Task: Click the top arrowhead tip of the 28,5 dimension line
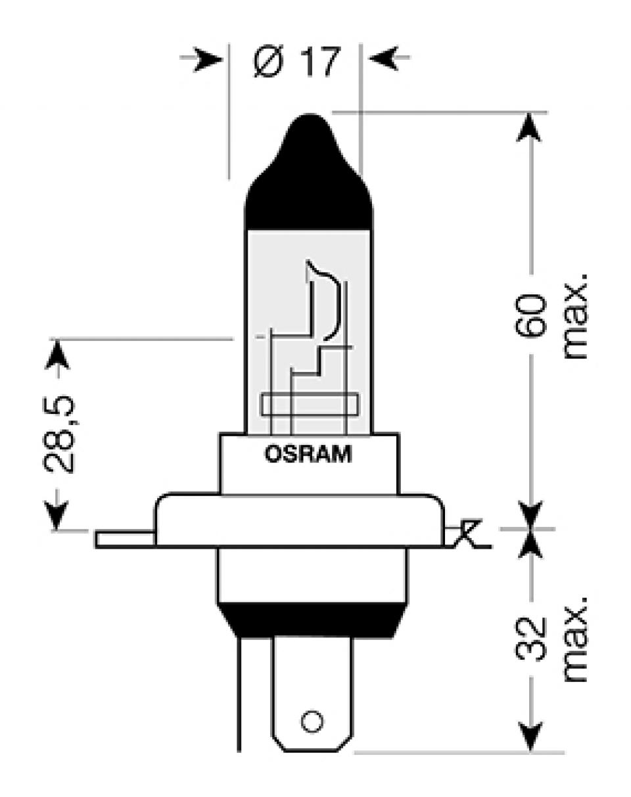57,340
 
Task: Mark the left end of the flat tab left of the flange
97,539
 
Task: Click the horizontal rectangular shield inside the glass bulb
310,405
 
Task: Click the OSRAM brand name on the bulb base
308,454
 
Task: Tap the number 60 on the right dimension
531,315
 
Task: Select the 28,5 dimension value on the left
59,434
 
